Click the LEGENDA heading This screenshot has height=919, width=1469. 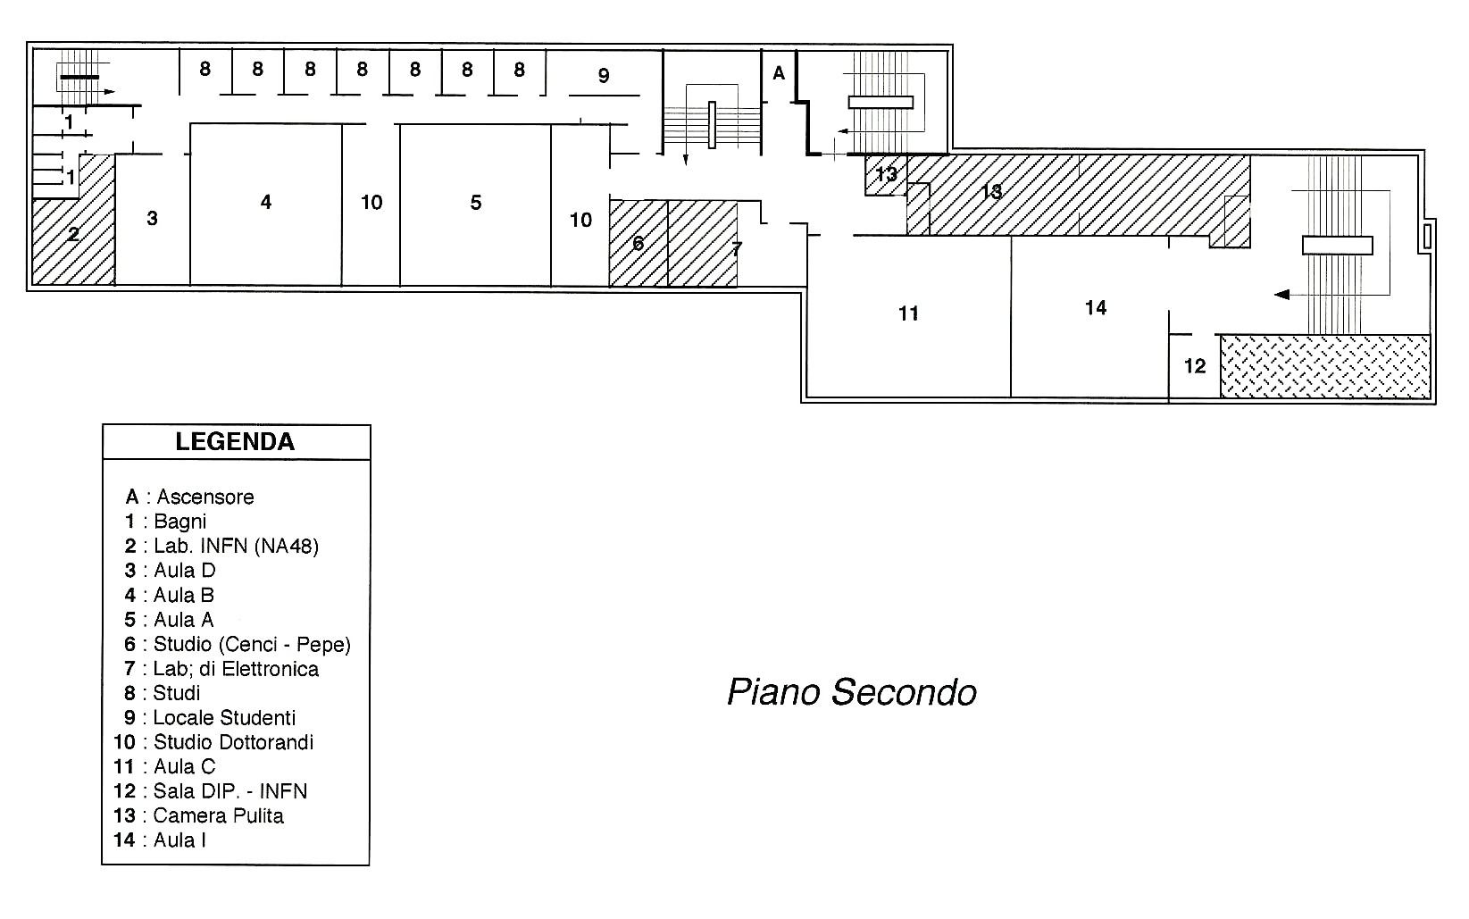[235, 441]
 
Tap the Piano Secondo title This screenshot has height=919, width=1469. [852, 692]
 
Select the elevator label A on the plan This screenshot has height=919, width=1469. [779, 73]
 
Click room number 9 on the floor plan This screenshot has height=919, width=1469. [604, 76]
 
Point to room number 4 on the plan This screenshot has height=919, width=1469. [265, 202]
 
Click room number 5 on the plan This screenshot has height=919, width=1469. [476, 203]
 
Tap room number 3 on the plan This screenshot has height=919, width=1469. [152, 219]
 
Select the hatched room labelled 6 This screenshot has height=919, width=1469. [639, 243]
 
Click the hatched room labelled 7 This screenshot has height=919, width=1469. [703, 243]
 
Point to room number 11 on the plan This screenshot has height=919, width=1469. [908, 313]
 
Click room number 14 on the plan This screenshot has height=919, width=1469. [1096, 307]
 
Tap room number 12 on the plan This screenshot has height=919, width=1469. [1195, 366]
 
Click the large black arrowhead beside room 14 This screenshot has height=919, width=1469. [1281, 295]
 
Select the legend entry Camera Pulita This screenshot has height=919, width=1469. [198, 815]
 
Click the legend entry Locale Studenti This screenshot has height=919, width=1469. [210, 718]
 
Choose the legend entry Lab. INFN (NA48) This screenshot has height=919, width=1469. [221, 546]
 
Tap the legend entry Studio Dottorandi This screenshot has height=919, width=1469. [213, 742]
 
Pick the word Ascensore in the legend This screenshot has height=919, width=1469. [205, 497]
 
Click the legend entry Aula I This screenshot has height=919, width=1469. [159, 840]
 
